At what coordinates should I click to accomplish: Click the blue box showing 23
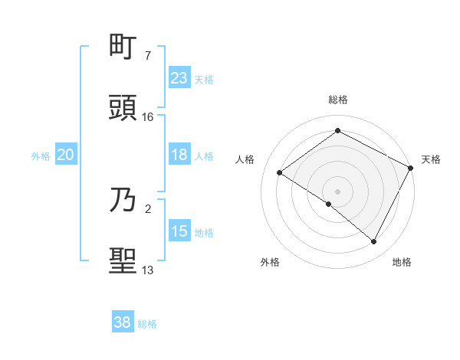coord(179,77)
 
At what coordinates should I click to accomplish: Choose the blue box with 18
coord(179,155)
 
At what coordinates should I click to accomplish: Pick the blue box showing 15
coord(179,231)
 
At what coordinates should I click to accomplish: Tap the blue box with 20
coord(66,155)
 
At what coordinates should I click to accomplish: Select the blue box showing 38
coord(123,322)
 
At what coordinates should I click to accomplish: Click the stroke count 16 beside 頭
coord(148,117)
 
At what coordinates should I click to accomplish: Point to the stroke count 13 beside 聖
coord(148,270)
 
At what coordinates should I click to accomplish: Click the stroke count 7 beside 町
coord(147,56)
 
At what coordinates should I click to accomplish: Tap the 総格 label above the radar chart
coord(338,100)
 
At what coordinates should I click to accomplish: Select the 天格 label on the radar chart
coord(431,159)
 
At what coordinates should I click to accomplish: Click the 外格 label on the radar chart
coord(270,262)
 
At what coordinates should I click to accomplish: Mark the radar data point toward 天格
coord(411,168)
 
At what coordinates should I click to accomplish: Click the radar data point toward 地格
coord(374,242)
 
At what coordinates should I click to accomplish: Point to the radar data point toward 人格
coord(280,172)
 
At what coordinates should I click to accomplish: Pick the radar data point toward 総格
coord(338,131)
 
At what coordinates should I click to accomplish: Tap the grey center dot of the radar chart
coord(338,191)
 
